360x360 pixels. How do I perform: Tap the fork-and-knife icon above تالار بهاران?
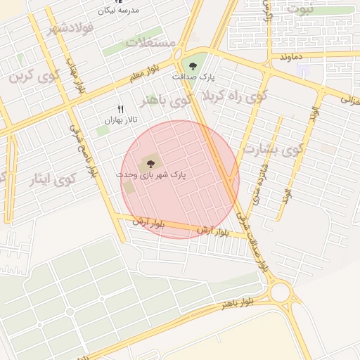click(x=120, y=110)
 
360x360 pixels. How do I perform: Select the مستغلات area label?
click(x=150, y=43)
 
